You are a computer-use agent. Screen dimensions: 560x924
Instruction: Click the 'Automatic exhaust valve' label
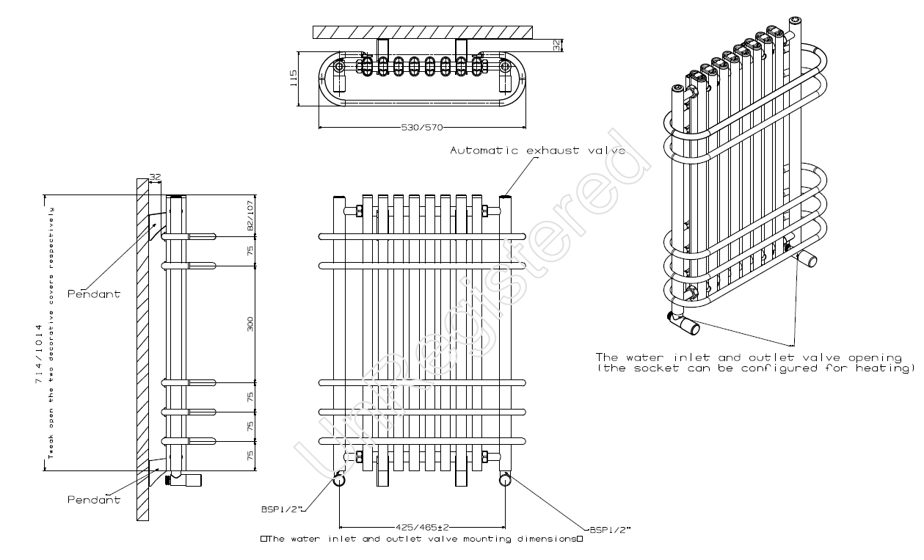[537, 150]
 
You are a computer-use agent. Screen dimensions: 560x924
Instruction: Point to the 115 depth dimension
[294, 79]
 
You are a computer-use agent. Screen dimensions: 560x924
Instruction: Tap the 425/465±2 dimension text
[422, 526]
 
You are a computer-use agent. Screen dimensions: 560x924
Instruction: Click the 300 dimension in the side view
[250, 324]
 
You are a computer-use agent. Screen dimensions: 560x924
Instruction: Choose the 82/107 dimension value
[250, 217]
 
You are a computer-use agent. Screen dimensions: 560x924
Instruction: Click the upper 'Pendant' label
[93, 294]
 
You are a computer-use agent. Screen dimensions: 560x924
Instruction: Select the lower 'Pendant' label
[93, 500]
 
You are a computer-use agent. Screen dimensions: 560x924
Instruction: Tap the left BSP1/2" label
[281, 508]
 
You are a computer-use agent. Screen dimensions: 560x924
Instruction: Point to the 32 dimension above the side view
[155, 177]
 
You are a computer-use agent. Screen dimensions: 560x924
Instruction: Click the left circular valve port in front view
[339, 480]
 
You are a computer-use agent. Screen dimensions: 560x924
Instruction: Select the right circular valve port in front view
[505, 480]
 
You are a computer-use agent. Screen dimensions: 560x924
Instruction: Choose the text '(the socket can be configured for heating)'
[756, 368]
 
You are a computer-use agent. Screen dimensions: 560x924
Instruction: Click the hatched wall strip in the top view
[422, 32]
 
